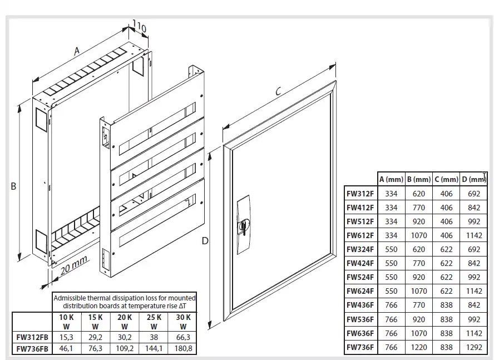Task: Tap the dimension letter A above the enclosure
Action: click(77, 51)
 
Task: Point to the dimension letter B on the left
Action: click(13, 187)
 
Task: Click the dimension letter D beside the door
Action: click(205, 240)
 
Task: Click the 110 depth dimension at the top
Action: click(139, 25)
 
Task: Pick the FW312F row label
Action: click(360, 194)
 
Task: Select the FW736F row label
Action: click(360, 348)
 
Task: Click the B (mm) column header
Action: click(419, 179)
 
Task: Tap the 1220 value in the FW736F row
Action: click(419, 348)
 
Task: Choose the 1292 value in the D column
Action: click(474, 348)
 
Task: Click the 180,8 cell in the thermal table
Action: click(183, 349)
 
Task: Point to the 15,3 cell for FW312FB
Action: click(66, 337)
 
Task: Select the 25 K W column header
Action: click(154, 322)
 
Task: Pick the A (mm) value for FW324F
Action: click(391, 249)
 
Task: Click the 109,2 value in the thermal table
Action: click(124, 349)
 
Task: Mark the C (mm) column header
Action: click(446, 179)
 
